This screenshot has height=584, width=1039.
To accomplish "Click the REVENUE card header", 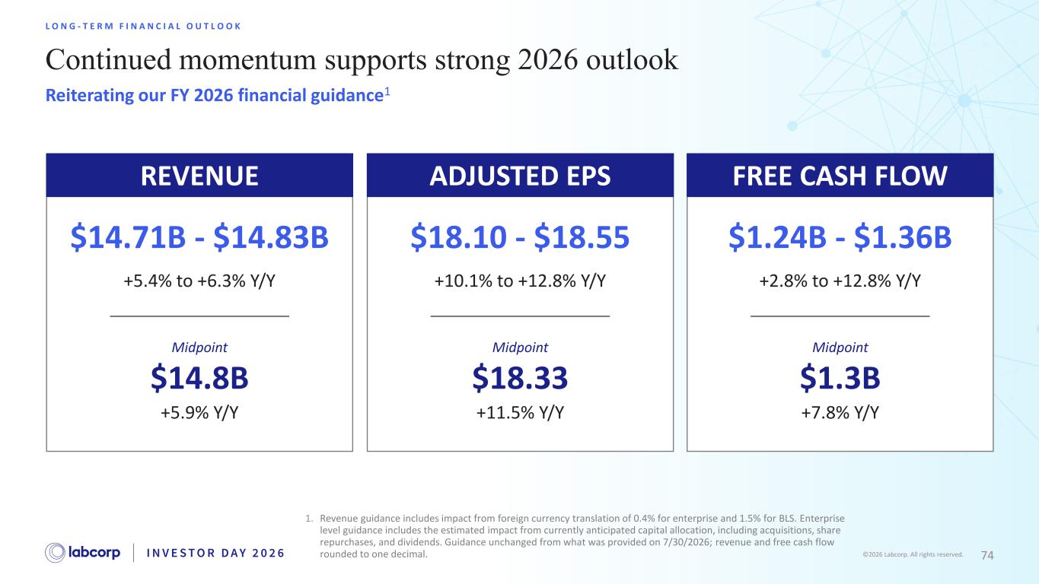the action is [x=199, y=176].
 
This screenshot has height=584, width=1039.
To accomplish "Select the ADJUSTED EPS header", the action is [x=520, y=176].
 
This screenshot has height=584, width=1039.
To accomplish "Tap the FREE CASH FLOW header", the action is [x=840, y=176].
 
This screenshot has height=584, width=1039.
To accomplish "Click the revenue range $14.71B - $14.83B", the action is [x=199, y=236].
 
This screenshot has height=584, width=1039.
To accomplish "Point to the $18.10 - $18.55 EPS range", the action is [x=520, y=236].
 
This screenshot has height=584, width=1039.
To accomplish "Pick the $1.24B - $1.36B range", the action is [x=840, y=236].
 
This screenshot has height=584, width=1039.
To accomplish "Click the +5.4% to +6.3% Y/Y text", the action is [x=199, y=281].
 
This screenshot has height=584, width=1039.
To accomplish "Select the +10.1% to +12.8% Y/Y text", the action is [x=520, y=281].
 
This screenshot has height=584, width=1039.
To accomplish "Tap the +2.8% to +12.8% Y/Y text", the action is [x=840, y=281].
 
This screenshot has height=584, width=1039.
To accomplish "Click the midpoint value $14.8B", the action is [x=199, y=378].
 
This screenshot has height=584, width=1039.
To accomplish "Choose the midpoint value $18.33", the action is [x=520, y=378].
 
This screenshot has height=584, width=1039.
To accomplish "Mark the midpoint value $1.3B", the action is [x=840, y=378].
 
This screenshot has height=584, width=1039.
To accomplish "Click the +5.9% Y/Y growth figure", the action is [x=199, y=412].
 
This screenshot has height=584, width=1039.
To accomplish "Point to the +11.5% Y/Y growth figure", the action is [x=520, y=412].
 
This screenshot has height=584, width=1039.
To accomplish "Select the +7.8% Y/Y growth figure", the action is [x=840, y=412].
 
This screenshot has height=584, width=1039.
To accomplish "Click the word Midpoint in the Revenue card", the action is [x=199, y=348].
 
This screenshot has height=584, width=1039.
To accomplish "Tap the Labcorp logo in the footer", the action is [x=82, y=553].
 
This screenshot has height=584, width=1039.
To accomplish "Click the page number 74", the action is [x=987, y=555].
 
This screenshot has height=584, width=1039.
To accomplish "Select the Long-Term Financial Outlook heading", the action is [x=143, y=27].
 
